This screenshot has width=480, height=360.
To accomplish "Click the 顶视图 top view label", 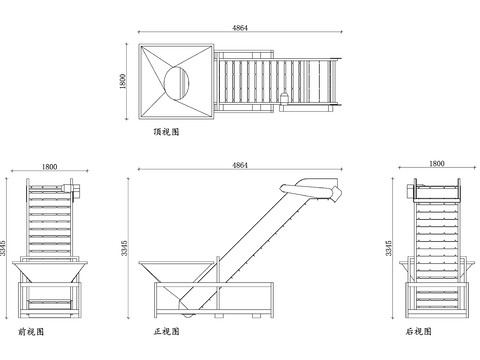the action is [166, 132].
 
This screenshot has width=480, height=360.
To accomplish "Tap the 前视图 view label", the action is [31, 332].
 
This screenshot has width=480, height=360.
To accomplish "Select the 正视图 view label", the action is [166, 331].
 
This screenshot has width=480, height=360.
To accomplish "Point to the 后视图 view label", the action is [419, 331].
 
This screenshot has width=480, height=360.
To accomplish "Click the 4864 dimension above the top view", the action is [240, 28].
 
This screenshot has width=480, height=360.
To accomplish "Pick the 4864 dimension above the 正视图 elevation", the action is [240, 165].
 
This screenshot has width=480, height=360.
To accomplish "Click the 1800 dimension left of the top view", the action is [122, 81].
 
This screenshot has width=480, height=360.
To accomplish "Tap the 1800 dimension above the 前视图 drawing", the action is [49, 167].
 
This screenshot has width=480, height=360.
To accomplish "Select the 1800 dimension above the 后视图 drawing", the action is [437, 163].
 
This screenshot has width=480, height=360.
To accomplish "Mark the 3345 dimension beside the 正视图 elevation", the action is [124, 248].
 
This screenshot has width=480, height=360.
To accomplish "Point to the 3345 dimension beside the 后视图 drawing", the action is [389, 248].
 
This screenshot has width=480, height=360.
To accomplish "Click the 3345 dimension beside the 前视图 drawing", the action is [3, 248].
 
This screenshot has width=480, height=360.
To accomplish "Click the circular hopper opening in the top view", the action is [177, 83].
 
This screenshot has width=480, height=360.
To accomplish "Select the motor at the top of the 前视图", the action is [75, 191].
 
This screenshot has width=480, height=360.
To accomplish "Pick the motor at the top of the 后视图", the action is [411, 190].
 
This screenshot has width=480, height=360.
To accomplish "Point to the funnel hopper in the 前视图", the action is [50, 272].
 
